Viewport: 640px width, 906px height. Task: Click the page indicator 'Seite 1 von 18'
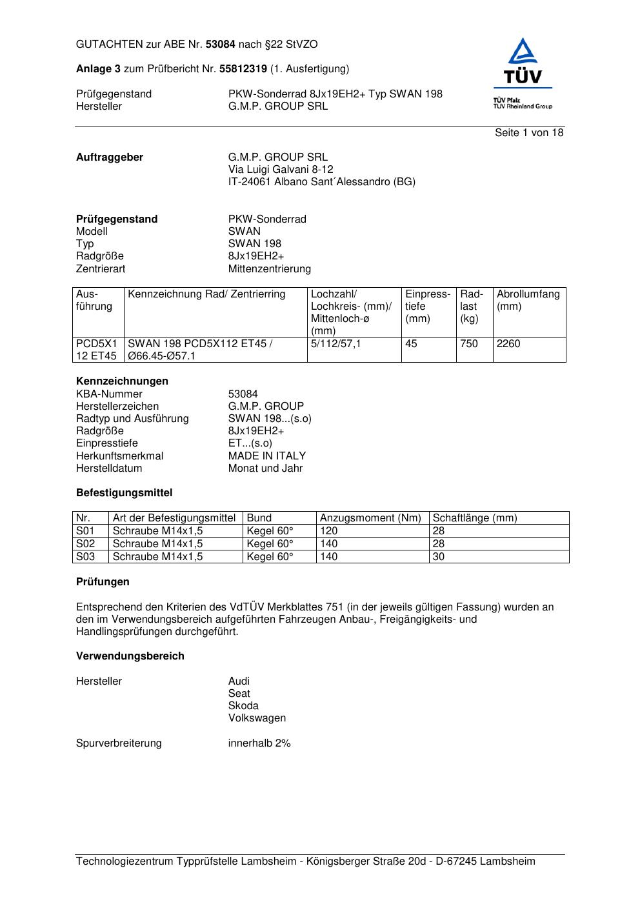coord(529,133)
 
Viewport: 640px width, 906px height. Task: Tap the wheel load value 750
coord(469,344)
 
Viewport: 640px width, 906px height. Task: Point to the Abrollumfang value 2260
coord(508,344)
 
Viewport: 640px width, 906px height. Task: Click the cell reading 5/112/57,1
coord(336,344)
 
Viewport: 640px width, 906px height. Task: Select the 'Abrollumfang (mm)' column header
coord(528,300)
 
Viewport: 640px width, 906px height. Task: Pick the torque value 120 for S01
coord(329,531)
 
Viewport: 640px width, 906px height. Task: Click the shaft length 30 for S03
coord(439,556)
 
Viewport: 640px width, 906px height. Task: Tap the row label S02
coord(85,544)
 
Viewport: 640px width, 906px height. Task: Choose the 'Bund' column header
coord(259,518)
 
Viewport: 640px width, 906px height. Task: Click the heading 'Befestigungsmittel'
coord(125,493)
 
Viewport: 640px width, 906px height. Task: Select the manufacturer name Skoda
coord(243,706)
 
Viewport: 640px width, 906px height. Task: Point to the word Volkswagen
coord(257,718)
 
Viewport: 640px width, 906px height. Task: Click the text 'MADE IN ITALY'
coord(267,456)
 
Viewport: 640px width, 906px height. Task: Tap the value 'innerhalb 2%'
coord(259,743)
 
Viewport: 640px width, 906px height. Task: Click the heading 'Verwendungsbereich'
coord(130,656)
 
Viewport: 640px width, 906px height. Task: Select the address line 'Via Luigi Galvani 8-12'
coord(281,170)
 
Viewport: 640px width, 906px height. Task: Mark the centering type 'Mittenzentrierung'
coord(270,269)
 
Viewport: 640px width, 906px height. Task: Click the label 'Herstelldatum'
coord(109,468)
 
